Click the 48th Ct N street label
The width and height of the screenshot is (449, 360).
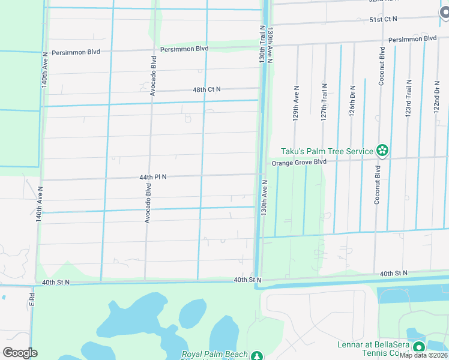pos(206,89)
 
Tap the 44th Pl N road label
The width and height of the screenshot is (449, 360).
pos(152,178)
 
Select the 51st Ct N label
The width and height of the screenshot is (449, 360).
pos(384,20)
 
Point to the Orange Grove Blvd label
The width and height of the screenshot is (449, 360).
pos(298,163)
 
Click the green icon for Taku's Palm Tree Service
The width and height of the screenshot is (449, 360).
pos(382,151)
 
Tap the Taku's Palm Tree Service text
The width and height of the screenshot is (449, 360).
pos(328,151)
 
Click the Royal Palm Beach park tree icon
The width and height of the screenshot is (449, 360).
pos(257,356)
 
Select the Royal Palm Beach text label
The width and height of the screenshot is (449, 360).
pos(215,355)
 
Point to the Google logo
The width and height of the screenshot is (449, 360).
pos(20,353)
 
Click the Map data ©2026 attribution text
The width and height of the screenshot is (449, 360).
pos(423,355)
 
